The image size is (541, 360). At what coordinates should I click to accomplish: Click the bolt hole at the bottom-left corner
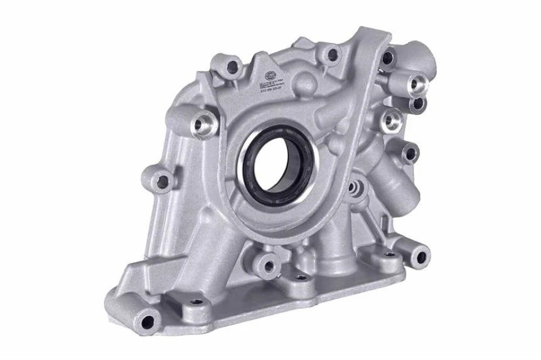147,322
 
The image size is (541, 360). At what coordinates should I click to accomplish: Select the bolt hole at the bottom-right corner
420,256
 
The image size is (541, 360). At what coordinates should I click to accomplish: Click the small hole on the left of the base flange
196,302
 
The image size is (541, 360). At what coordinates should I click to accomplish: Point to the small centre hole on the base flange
301,277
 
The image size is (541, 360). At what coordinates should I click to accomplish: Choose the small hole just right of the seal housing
358,186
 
